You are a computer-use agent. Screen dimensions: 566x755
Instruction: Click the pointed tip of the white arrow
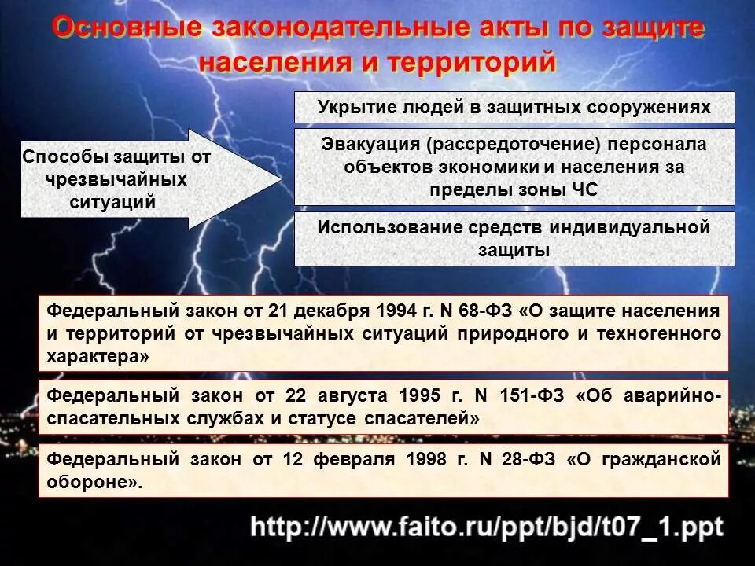point(281,179)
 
